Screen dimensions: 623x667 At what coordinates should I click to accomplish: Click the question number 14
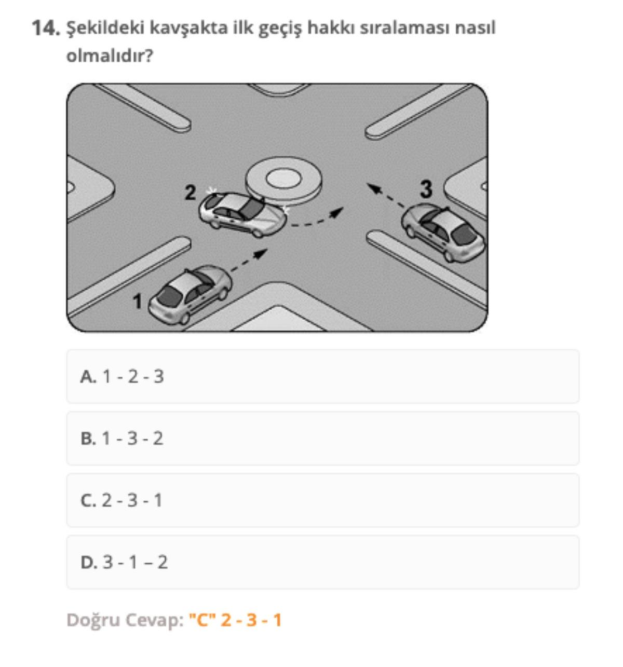tap(46, 28)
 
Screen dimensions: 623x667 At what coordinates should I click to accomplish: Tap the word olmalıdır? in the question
tap(110, 56)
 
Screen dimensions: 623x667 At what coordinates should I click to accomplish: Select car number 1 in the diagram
tap(190, 294)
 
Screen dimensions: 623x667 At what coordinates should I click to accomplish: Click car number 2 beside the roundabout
tap(242, 214)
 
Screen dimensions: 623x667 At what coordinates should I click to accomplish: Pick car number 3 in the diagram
tap(443, 233)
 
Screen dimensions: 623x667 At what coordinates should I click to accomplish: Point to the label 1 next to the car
tap(137, 301)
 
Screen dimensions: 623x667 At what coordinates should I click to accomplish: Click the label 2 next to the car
tap(190, 193)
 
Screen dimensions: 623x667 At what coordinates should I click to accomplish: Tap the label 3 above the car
tap(426, 189)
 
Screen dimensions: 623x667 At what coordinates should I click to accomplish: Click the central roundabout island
tap(283, 180)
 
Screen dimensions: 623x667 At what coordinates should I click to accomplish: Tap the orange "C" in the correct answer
tap(202, 620)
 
